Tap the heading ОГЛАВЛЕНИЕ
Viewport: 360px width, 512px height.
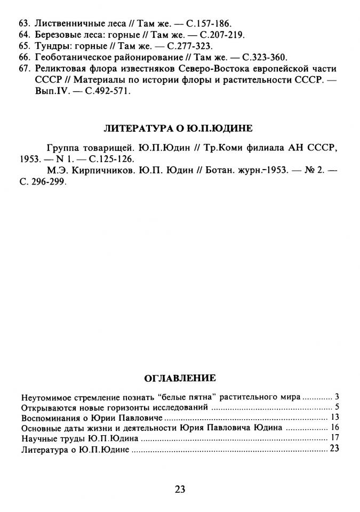click(x=180, y=378)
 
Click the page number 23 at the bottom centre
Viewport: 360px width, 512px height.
click(x=180, y=490)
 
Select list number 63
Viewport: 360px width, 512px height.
click(x=24, y=24)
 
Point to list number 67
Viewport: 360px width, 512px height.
click(x=24, y=69)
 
